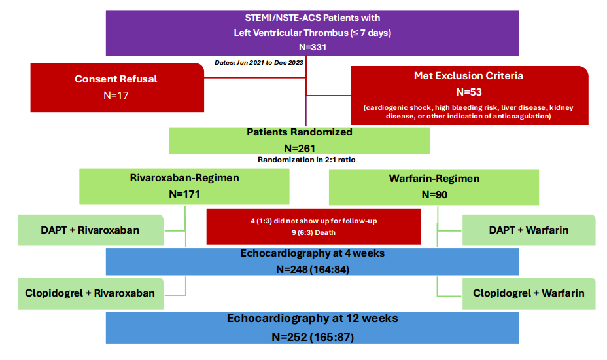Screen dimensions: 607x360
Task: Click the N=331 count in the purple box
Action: (x=313, y=47)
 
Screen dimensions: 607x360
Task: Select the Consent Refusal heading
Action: (x=116, y=79)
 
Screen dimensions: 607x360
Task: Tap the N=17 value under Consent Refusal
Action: (x=116, y=96)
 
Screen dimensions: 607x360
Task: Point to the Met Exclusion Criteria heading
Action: (x=468, y=75)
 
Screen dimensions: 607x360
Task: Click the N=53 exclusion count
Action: (x=469, y=92)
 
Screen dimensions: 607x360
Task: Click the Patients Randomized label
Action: (x=299, y=132)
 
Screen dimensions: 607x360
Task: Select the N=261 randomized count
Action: (x=299, y=149)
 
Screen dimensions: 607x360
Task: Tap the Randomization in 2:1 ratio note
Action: (x=307, y=160)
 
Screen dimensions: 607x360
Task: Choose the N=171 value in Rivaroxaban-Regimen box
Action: (x=184, y=194)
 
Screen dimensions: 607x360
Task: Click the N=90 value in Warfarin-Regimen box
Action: (x=434, y=195)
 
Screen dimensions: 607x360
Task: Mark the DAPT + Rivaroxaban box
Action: (x=90, y=230)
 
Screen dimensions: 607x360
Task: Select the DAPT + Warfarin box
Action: (x=529, y=230)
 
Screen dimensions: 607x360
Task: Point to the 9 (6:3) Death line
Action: (x=313, y=233)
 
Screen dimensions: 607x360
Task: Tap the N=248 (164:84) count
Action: (x=313, y=269)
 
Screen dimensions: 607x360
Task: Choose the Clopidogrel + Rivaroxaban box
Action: (x=90, y=293)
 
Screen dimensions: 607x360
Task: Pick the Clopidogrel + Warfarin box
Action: (x=529, y=293)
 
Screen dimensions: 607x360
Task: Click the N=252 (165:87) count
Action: (x=313, y=337)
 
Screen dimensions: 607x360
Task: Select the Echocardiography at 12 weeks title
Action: (x=313, y=319)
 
